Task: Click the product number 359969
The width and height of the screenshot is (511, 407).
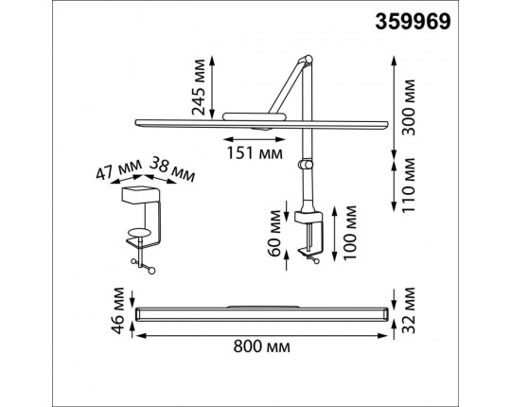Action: pos(413,22)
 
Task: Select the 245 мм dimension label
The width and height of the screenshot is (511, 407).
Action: pos(199,87)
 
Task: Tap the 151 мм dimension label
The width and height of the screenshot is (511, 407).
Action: pos(255,152)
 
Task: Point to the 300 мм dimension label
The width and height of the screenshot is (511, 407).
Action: pos(409,107)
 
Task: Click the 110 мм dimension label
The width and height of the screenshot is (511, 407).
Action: pos(409,186)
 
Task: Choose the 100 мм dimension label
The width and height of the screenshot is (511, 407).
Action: pos(350,232)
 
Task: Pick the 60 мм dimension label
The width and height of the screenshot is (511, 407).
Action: pos(274,233)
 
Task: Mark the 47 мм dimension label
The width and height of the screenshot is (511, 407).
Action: pos(119,169)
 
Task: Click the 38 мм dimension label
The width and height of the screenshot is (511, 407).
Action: pos(172,169)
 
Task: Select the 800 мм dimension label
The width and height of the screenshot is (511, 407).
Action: pos(262,346)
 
